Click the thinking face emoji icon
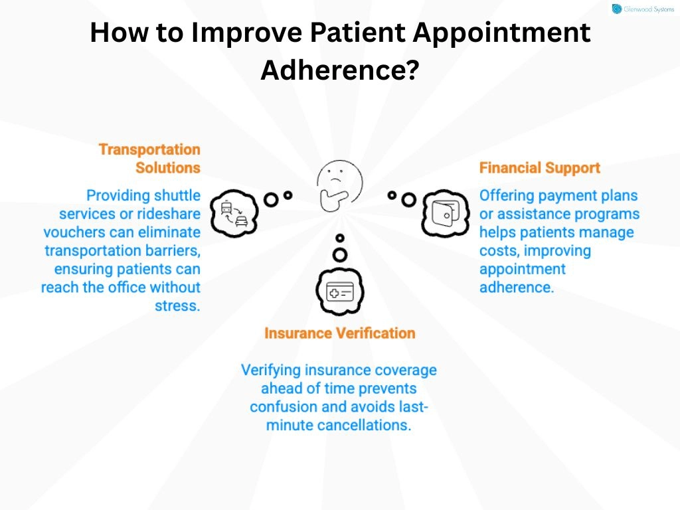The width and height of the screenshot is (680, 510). point(339,183)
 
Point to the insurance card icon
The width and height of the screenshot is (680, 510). point(339,292)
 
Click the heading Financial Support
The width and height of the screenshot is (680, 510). point(539,168)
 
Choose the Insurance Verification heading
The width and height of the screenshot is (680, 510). point(339,333)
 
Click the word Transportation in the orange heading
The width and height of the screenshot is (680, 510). point(149,149)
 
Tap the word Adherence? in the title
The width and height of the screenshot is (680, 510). point(339,69)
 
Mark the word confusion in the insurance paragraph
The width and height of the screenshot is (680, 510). point(281,406)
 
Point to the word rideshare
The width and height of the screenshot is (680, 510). point(168,214)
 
